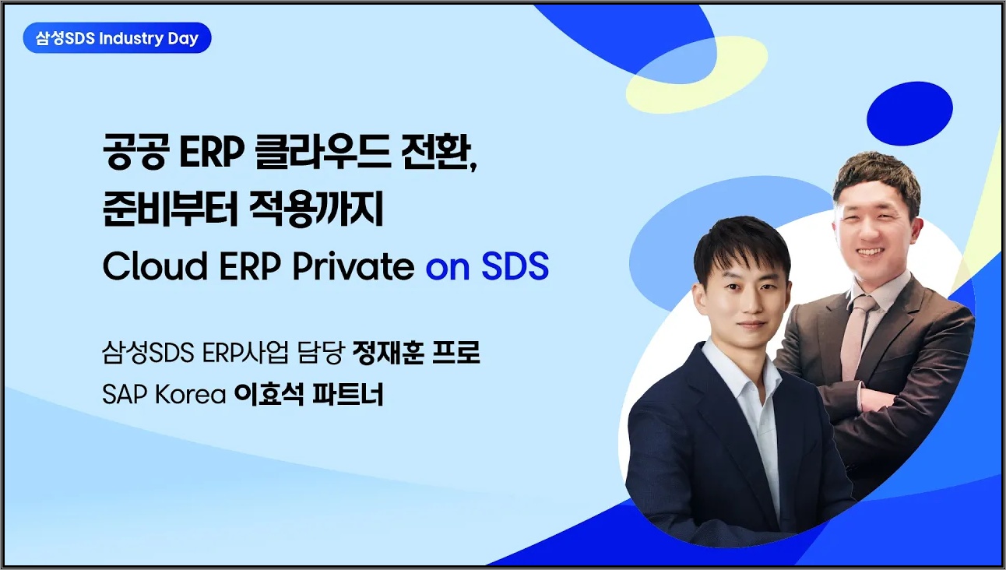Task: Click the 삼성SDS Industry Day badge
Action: (x=117, y=37)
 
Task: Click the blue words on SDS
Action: (x=487, y=267)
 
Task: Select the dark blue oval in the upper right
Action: (x=909, y=113)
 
